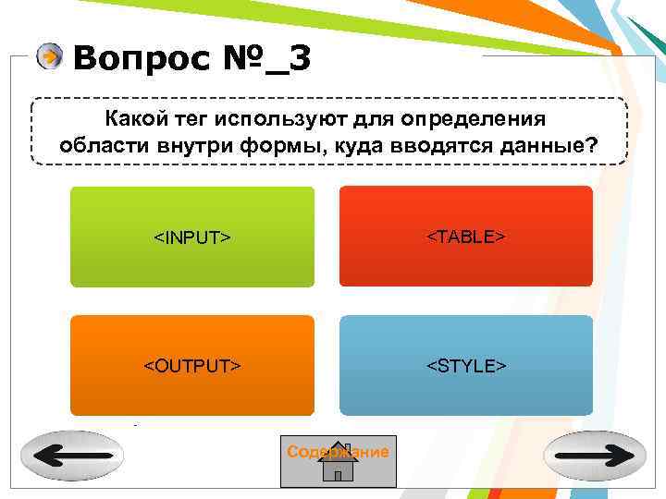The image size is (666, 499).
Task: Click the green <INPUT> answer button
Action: coord(191,237)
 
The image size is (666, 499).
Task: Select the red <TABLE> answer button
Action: coord(465,237)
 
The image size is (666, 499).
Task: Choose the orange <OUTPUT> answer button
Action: coord(191,366)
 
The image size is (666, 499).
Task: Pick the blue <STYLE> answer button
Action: coord(465,366)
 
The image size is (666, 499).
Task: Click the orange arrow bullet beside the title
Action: coord(50,57)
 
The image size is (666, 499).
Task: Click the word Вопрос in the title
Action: coord(139,59)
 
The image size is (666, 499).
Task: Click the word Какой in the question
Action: coord(135,119)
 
